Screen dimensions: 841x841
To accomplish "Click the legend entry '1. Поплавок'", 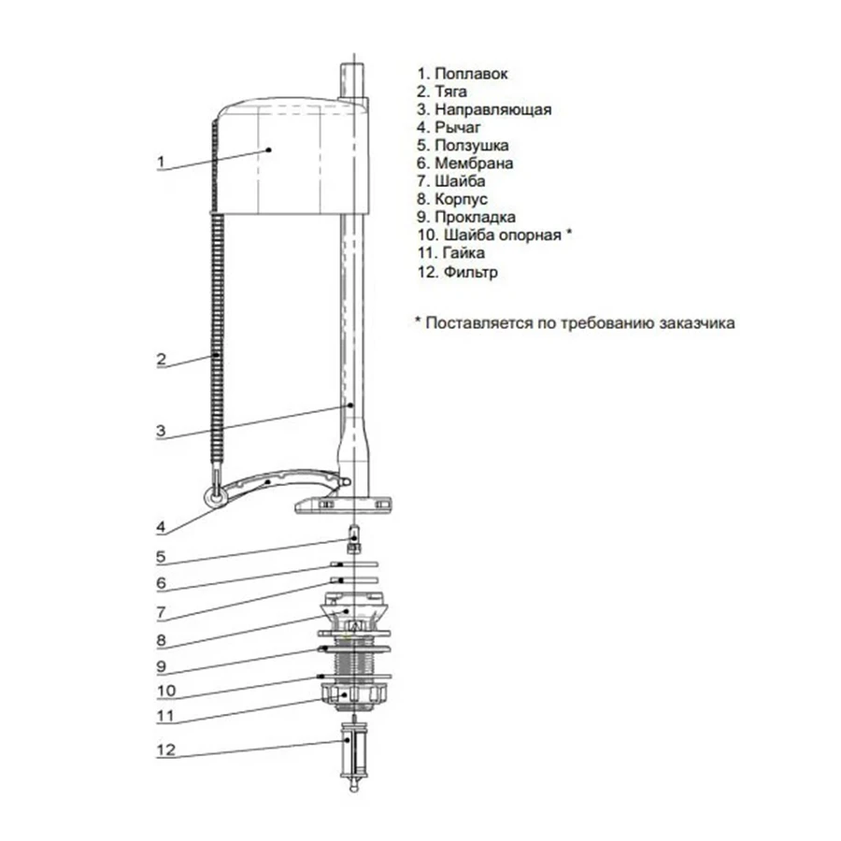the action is tap(463, 74).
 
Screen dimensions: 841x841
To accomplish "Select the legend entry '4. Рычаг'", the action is tap(449, 127).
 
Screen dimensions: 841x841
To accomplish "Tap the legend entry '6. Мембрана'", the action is tap(465, 163).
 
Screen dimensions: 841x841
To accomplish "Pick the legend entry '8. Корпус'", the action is tap(452, 199).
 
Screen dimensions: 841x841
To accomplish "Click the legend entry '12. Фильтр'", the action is tap(458, 271).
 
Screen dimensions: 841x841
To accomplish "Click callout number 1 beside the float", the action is tap(161, 161).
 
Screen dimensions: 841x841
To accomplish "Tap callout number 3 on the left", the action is tap(161, 430).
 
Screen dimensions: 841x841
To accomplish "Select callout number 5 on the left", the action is tap(161, 557).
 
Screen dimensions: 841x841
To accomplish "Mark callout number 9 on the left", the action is tap(161, 666).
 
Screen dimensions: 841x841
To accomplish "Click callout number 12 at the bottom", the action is tap(166, 749).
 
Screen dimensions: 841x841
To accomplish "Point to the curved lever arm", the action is tap(278, 481).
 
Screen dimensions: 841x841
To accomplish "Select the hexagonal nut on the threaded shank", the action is tap(354, 694).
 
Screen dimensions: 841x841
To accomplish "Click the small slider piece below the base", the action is tap(354, 538).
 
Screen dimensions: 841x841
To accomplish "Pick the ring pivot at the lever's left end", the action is tap(216, 497).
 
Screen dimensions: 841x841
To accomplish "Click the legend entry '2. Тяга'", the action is tap(442, 92).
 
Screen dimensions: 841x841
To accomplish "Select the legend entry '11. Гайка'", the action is tap(451, 252).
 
